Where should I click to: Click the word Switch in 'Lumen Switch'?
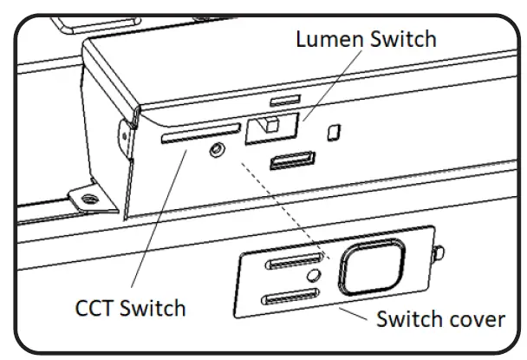(401, 39)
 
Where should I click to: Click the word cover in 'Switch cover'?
(473, 319)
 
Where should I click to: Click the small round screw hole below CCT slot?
(216, 151)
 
